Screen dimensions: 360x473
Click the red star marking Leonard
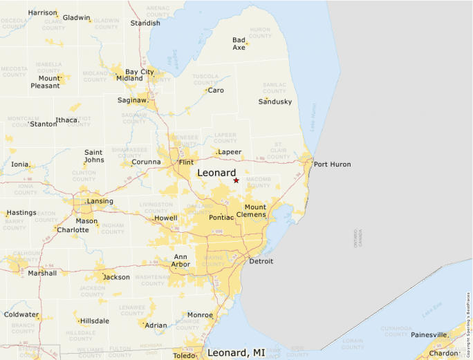[x=236, y=180]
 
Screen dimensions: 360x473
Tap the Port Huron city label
[x=332, y=164]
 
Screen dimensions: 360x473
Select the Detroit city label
[x=261, y=261]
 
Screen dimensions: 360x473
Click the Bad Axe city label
[x=239, y=44]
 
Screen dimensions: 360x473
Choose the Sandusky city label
[x=275, y=102]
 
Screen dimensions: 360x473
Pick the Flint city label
[x=186, y=162]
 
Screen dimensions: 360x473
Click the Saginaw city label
[x=133, y=100]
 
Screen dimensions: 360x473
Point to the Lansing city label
[x=100, y=202]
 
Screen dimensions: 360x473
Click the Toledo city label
[x=184, y=356]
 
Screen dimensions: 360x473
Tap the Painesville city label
[x=429, y=334]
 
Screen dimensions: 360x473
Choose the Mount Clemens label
[x=255, y=211]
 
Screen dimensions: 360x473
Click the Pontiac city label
[x=221, y=218]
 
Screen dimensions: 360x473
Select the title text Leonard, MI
[x=236, y=353]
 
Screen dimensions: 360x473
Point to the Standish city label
[x=145, y=23]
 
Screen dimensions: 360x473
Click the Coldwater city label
[x=21, y=314]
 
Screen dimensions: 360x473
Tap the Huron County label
[x=260, y=32]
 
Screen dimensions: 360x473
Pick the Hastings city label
[x=21, y=212]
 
